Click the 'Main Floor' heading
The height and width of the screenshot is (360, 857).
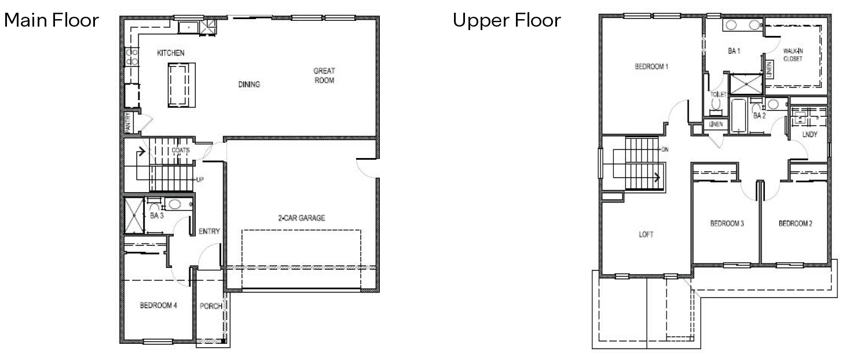52,20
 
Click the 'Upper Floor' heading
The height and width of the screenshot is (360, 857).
507,20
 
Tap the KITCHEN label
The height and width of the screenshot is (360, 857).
171,53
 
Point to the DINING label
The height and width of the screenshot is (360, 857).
249,85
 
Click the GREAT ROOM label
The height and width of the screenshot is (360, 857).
324,76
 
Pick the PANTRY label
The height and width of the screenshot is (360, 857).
129,122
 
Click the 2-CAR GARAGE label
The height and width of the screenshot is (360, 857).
301,218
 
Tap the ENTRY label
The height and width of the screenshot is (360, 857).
209,232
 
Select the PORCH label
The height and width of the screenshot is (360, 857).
211,306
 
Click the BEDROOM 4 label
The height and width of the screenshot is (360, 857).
158,306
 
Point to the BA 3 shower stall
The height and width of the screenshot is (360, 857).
134,215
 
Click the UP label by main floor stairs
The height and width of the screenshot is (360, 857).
200,180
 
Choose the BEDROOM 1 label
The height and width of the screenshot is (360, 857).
651,67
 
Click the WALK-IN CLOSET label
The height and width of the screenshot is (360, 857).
793,55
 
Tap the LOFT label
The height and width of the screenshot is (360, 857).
646,234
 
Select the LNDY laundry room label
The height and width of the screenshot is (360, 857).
810,135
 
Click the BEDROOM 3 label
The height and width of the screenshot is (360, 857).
727,223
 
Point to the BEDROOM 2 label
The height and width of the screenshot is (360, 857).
795,223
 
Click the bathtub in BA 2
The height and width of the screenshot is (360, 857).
739,117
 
